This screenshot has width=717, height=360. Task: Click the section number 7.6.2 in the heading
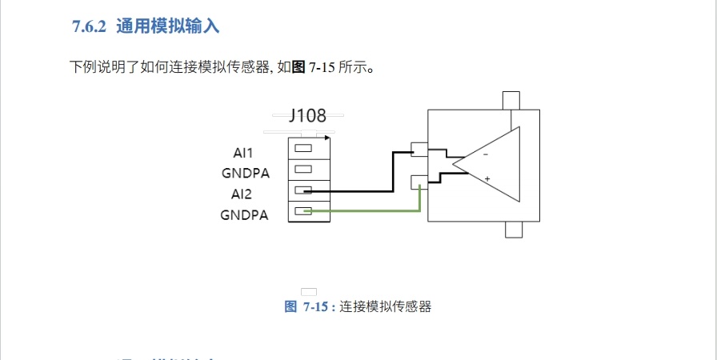coord(89,26)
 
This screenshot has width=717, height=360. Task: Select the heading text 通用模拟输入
coord(167,26)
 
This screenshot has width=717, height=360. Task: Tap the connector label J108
coord(307,116)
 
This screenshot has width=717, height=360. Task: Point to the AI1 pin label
coord(243,152)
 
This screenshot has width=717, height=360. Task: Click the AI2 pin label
coord(242,194)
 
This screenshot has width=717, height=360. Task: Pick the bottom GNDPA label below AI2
coord(244,214)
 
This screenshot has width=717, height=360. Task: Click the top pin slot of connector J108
coord(302,148)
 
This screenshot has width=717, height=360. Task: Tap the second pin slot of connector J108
coord(302,169)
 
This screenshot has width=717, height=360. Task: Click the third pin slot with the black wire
coord(302,190)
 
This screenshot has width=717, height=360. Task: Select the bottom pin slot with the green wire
coord(302,210)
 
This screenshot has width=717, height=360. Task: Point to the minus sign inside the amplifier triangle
coord(485,154)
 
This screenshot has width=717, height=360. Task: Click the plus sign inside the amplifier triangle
coord(487,178)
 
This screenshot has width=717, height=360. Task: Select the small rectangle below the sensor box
coord(512,230)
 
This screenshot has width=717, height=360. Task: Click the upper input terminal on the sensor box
coord(419,150)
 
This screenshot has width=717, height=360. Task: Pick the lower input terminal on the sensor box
coord(419,182)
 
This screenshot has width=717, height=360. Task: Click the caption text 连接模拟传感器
coord(385,306)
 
